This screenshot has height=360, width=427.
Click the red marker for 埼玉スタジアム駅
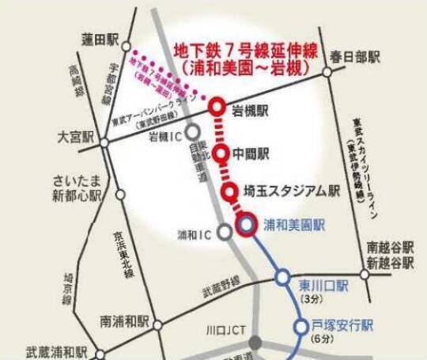click(230, 191)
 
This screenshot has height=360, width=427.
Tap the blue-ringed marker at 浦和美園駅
click(246, 225)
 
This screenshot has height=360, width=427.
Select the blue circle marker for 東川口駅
click(283, 277)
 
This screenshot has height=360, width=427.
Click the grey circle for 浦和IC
click(225, 233)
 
